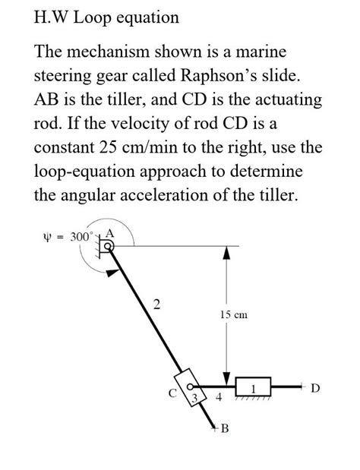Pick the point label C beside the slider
point(172,393)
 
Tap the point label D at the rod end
point(315,389)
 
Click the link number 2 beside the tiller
point(156,305)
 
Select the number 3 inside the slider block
point(194,396)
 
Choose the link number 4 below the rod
point(218,397)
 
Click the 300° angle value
point(80,235)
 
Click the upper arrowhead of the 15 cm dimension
point(226,251)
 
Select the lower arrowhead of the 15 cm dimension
point(226,379)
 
